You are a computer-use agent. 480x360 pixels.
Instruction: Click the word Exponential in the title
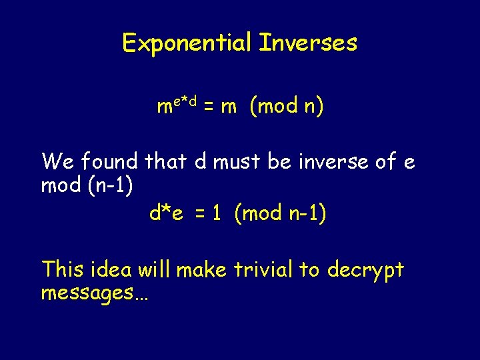[187, 43]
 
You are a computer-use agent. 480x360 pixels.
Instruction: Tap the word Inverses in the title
[308, 43]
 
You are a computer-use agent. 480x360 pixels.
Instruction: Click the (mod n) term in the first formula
[286, 107]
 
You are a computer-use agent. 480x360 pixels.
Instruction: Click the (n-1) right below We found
[109, 185]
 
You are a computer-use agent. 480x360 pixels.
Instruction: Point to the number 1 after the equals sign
[217, 213]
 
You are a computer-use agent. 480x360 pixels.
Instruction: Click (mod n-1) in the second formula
[280, 213]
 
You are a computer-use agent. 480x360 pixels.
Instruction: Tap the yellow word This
[63, 269]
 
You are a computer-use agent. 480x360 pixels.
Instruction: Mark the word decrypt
[365, 271]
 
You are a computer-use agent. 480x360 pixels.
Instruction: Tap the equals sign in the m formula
[208, 107]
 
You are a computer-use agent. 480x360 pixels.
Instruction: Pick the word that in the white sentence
[167, 161]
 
